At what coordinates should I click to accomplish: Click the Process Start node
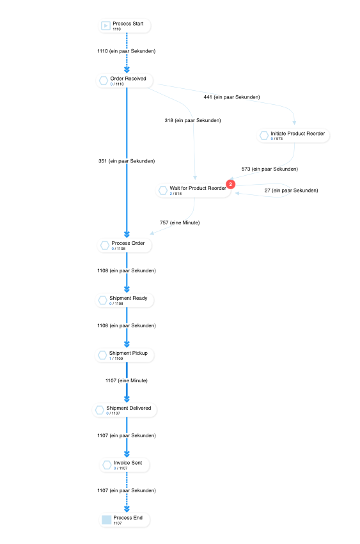click(125, 26)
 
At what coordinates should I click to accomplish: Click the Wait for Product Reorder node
click(194, 190)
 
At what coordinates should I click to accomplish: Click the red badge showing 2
click(231, 184)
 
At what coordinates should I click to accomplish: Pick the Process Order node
click(126, 245)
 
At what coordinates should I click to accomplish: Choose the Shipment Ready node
click(126, 300)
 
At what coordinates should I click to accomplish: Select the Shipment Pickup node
click(126, 355)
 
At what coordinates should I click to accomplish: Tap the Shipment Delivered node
click(125, 410)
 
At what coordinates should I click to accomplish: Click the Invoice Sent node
click(126, 465)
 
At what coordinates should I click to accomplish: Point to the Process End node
click(125, 520)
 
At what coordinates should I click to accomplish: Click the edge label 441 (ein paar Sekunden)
click(231, 97)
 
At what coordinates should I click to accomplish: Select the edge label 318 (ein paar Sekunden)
click(192, 120)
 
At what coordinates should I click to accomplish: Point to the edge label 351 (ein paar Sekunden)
click(127, 161)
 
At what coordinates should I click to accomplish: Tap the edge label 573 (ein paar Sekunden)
click(269, 169)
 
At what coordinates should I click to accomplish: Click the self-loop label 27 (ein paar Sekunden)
click(291, 190)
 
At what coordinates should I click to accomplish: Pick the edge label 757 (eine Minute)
click(179, 222)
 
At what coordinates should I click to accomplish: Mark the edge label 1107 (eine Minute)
click(127, 380)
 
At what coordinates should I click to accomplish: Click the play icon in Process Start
click(106, 26)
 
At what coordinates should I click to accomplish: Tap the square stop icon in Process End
click(106, 520)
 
